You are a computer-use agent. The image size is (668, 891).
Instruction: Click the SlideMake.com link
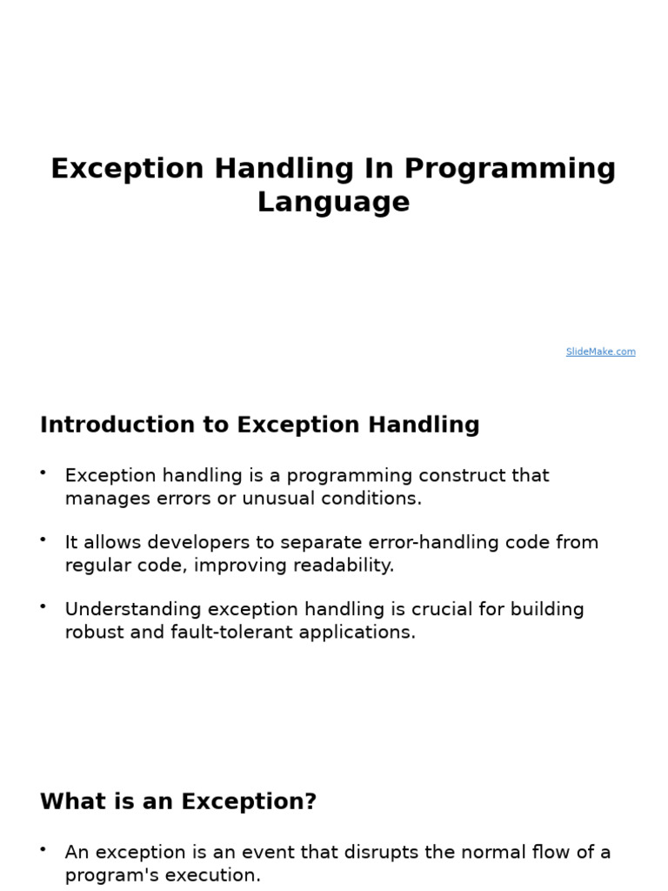[600, 352]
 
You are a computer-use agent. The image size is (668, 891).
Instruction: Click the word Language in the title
[333, 202]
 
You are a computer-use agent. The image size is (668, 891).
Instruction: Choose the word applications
[357, 633]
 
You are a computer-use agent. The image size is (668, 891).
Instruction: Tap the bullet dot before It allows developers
[43, 539]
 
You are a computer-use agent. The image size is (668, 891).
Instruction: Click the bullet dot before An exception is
[43, 848]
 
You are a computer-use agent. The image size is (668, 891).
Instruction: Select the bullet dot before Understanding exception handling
[43, 605]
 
